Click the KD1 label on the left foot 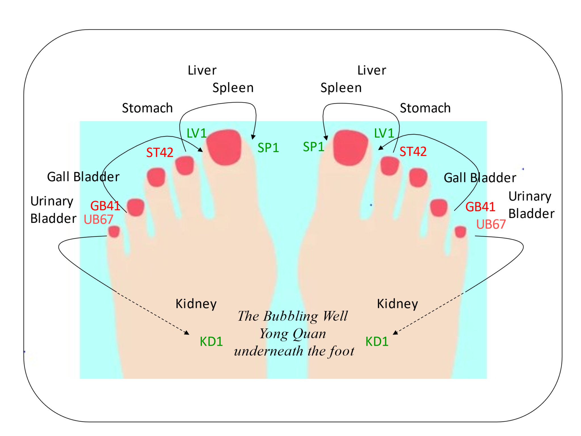pyautogui.click(x=211, y=341)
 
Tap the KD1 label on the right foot pyautogui.click(x=377, y=341)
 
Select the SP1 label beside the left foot pyautogui.click(x=268, y=148)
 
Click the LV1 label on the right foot pyautogui.click(x=384, y=133)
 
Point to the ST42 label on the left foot pyautogui.click(x=159, y=153)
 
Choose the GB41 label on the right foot pyautogui.click(x=480, y=207)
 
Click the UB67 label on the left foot pyautogui.click(x=98, y=220)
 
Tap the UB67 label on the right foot pyautogui.click(x=491, y=225)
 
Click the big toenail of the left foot pyautogui.click(x=224, y=147)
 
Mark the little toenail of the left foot pyautogui.click(x=114, y=231)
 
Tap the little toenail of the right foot pyautogui.click(x=460, y=232)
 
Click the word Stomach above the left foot pyautogui.click(x=147, y=108)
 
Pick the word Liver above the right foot pyautogui.click(x=372, y=70)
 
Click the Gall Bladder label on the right pyautogui.click(x=480, y=178)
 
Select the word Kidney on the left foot pyautogui.click(x=196, y=304)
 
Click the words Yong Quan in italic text pyautogui.click(x=293, y=334)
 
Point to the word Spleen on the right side pyautogui.click(x=341, y=88)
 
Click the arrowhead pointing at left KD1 pyautogui.click(x=187, y=333)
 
